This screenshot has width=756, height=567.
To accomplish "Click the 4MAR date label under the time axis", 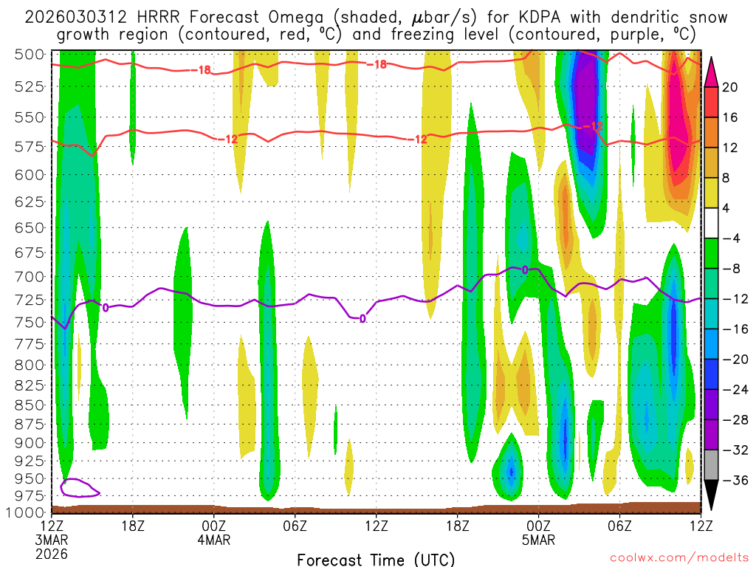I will pos(214,540).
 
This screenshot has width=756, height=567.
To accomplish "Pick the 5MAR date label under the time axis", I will pos(538,540).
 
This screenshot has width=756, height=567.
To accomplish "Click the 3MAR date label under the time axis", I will pos(51,540).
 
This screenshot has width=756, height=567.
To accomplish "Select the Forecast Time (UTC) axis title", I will pos(376,559).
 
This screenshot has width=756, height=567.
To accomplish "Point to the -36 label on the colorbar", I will pos(733,481).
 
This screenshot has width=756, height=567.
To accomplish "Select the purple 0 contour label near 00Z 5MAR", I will pos(525,270).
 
